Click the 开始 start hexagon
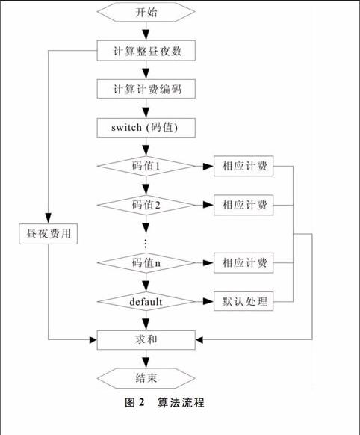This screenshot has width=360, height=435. click(146, 12)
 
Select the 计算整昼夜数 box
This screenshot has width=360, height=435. click(146, 51)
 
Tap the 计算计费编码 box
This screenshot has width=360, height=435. click(146, 89)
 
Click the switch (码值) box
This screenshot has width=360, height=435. click(146, 128)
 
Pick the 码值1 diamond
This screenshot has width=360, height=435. click(146, 166)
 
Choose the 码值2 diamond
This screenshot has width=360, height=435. click(146, 205)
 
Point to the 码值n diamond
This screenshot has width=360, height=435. click(146, 263)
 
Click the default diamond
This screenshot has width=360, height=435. click(146, 301)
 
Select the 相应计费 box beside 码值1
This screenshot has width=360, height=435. click(243, 166)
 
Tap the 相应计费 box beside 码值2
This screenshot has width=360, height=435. click(243, 205)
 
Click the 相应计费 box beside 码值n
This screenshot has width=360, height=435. click(243, 263)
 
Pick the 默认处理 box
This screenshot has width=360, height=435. click(243, 301)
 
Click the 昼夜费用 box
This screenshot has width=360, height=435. click(49, 234)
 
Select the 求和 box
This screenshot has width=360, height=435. click(146, 340)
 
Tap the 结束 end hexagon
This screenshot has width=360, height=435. click(146, 378)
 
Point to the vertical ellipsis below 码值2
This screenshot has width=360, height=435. click(146, 244)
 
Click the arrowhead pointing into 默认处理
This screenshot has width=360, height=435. click(208, 301)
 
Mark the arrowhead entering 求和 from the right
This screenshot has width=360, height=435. click(199, 339)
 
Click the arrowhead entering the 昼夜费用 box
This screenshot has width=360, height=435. click(49, 218)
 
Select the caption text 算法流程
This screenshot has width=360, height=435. click(181, 403)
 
